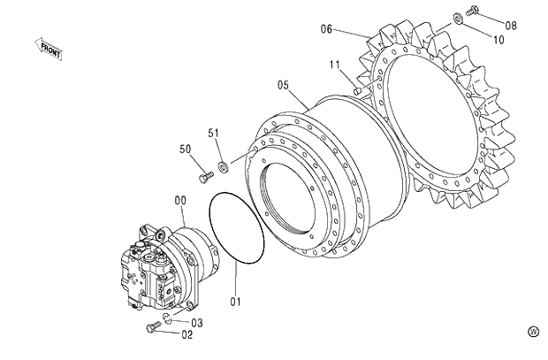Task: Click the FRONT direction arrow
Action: click(x=49, y=50)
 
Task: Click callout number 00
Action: click(x=179, y=202)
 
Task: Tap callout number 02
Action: click(x=186, y=334)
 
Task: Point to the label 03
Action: click(x=197, y=323)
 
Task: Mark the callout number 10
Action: click(x=499, y=40)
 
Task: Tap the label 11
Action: click(x=335, y=65)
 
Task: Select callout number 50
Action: click(x=186, y=149)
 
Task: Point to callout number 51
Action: click(x=213, y=133)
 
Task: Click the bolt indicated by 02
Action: click(x=152, y=327)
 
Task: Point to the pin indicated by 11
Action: click(x=356, y=88)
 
